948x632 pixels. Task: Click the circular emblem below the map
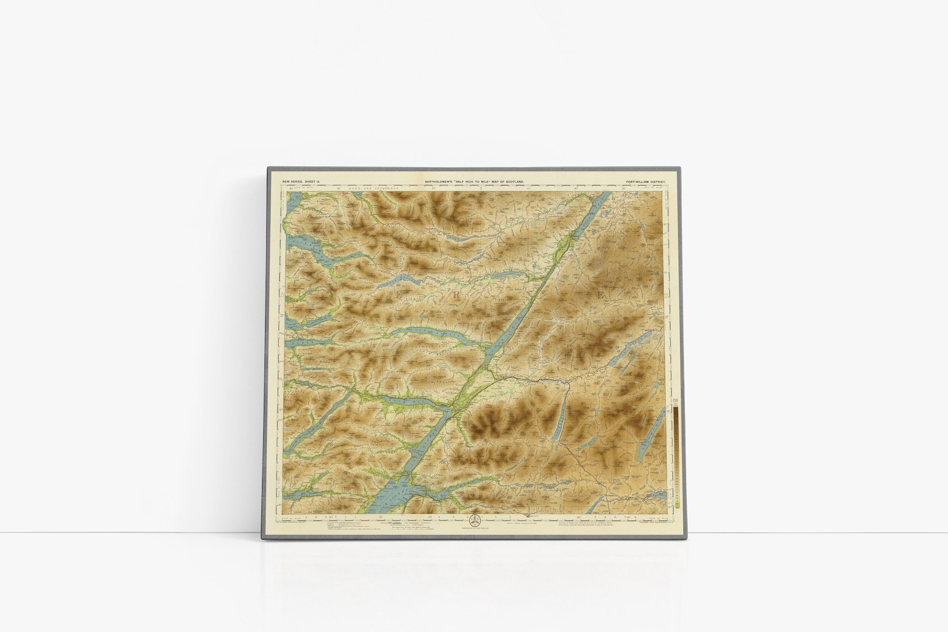point(475,519)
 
